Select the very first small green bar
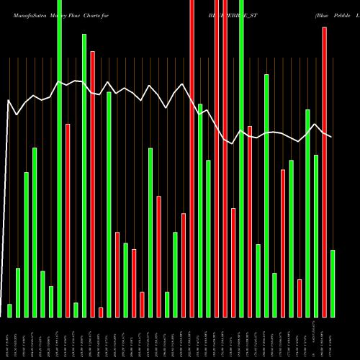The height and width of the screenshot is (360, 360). tap(9, 310)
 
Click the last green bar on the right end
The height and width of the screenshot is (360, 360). tap(333, 283)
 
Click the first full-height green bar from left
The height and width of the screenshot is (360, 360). tap(59, 158)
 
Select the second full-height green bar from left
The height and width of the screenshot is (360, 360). tap(242, 158)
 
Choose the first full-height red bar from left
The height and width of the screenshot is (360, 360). tap(192, 158)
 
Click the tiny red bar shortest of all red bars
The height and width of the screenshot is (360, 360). tap(101, 312)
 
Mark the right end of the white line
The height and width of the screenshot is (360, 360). tap(332, 137)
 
